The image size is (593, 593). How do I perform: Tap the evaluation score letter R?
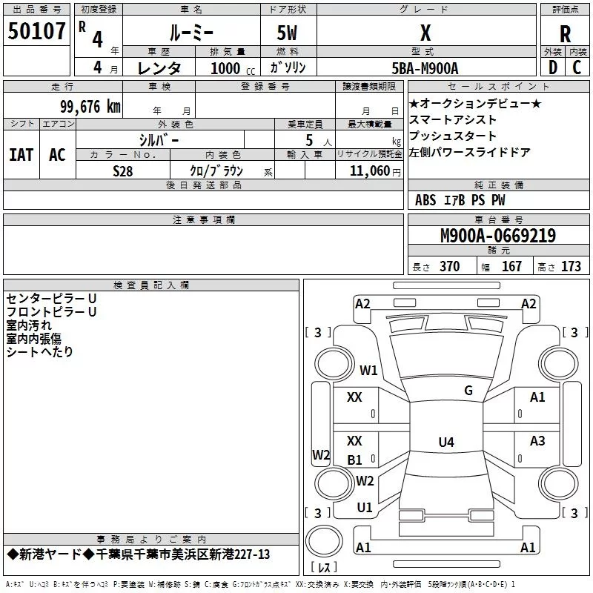[x=565, y=34]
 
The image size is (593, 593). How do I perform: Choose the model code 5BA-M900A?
[x=425, y=68]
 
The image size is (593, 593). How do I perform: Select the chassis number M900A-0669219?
[x=497, y=236]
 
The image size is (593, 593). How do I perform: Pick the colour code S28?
[x=123, y=170]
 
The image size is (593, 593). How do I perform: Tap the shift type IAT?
[x=21, y=154]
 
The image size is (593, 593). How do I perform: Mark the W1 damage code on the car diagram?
[x=368, y=370]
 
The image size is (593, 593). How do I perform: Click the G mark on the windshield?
[x=468, y=391]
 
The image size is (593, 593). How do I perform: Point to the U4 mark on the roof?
[x=445, y=443]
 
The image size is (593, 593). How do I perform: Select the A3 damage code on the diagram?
[x=537, y=441]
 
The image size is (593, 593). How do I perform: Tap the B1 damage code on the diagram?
[x=355, y=460]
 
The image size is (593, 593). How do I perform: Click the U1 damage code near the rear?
[x=365, y=508]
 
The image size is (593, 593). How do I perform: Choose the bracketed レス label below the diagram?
[x=323, y=567]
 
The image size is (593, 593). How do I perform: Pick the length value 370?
[x=449, y=267]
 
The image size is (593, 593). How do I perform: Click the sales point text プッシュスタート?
[x=453, y=136]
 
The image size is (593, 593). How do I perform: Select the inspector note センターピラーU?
[x=51, y=298]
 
